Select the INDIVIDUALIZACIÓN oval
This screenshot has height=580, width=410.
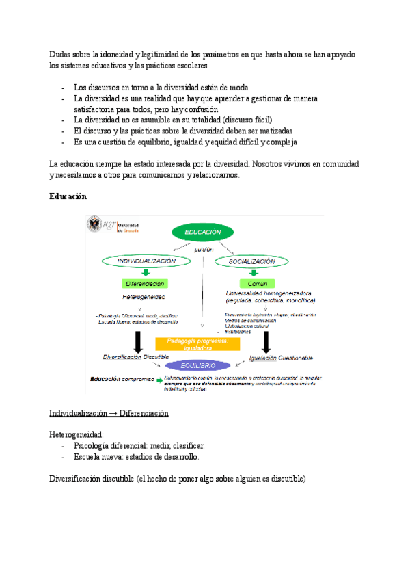pos(147,261)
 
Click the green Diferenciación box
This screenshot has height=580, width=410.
pos(146,283)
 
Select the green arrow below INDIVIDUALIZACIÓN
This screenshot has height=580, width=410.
pos(146,272)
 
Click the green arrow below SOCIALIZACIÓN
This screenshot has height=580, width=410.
pos(253,272)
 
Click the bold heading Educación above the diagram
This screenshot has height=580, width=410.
pos(68,196)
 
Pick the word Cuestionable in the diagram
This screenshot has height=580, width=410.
pos(295,358)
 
